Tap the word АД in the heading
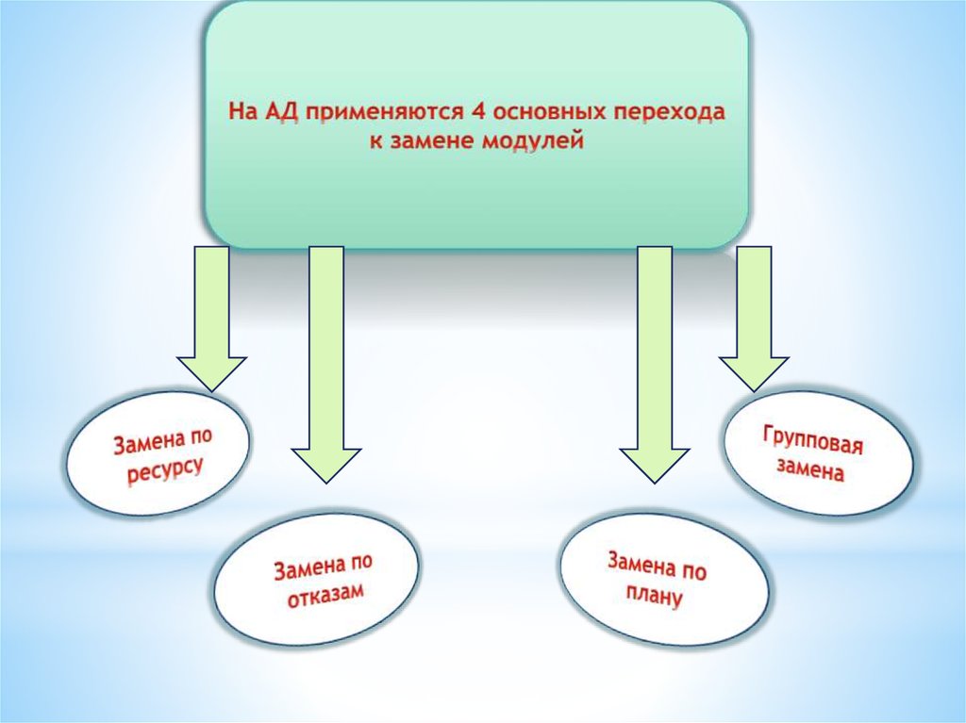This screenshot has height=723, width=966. [x=280, y=113]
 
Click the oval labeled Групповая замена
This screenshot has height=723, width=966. [x=819, y=454]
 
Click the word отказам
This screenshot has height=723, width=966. [x=325, y=595]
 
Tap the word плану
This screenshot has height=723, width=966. [x=653, y=596]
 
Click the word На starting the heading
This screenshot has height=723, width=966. [x=241, y=113]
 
